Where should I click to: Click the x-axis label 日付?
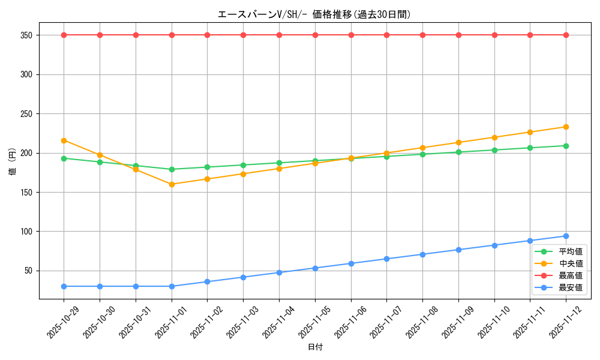tap(315, 347)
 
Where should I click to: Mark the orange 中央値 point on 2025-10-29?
tap(64, 140)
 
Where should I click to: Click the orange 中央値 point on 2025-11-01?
tap(172, 184)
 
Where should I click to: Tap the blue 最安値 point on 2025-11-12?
tap(566, 236)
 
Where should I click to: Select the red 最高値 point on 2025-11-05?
tap(315, 35)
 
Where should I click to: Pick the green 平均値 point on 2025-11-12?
tap(566, 146)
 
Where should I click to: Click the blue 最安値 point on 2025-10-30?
tap(100, 286)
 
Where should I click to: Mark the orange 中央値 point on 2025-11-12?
tap(566, 127)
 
